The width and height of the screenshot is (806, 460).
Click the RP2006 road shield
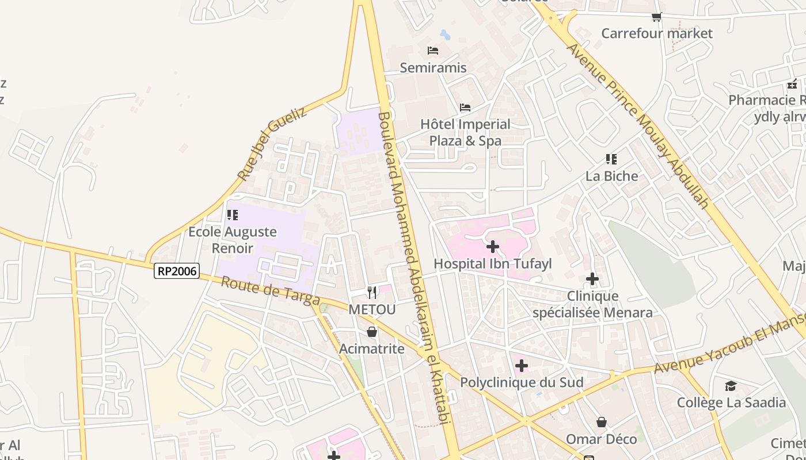[x=176, y=271]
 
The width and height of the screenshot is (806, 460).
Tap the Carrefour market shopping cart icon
[x=656, y=17]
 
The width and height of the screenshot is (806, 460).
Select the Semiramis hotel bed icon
[x=433, y=51]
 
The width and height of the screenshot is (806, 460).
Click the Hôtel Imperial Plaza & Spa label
[x=465, y=132]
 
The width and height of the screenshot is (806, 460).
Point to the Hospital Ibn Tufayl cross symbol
[x=493, y=247]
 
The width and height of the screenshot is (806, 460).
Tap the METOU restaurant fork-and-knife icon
[x=372, y=293]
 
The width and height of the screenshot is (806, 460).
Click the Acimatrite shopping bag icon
[x=372, y=332]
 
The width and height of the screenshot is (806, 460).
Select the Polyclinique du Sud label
[x=522, y=382]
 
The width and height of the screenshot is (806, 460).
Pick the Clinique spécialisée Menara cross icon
[x=592, y=279]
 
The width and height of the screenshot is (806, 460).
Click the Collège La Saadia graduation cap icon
[x=731, y=385]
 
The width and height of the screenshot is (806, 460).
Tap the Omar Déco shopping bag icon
[x=602, y=423]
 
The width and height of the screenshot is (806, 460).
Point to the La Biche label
[x=611, y=176]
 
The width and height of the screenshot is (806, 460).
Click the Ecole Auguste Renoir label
[x=233, y=240]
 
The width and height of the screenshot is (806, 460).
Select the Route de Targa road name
[x=271, y=291]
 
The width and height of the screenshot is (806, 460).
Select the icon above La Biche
[x=611, y=159]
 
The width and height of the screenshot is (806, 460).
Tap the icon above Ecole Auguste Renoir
[x=233, y=215]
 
